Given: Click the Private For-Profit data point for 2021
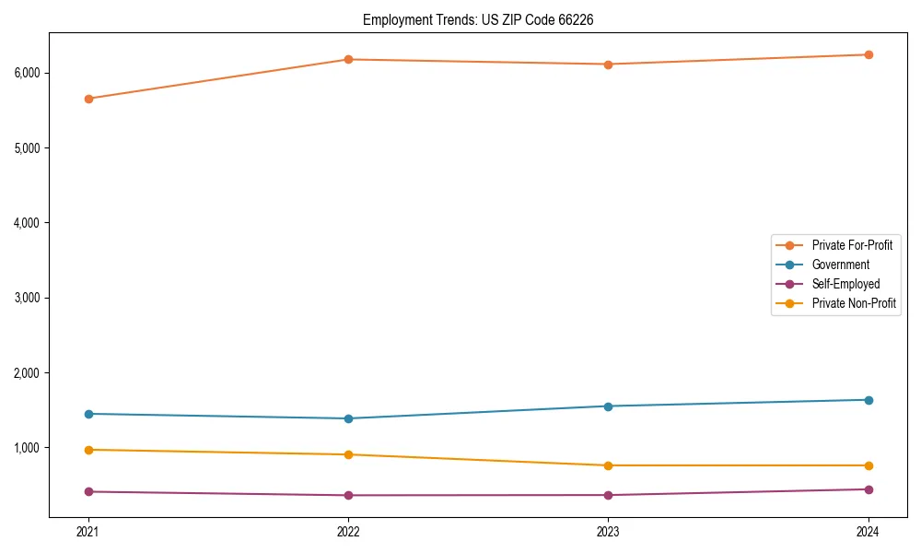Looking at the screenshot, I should (88, 99).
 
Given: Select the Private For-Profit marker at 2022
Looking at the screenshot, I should (348, 60).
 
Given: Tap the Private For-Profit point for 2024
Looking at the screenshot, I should (869, 54).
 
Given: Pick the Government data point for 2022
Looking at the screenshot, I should (348, 418).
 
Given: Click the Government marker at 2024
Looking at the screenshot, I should (869, 400).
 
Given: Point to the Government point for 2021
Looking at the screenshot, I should (88, 414).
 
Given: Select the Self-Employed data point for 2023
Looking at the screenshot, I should (609, 495).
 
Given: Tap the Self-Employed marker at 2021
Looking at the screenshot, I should (88, 491).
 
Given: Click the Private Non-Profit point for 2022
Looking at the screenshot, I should (348, 454).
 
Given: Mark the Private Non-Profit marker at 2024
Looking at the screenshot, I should (869, 465).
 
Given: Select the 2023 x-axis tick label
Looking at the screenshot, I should (609, 532).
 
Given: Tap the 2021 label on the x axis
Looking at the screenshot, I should (88, 532).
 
